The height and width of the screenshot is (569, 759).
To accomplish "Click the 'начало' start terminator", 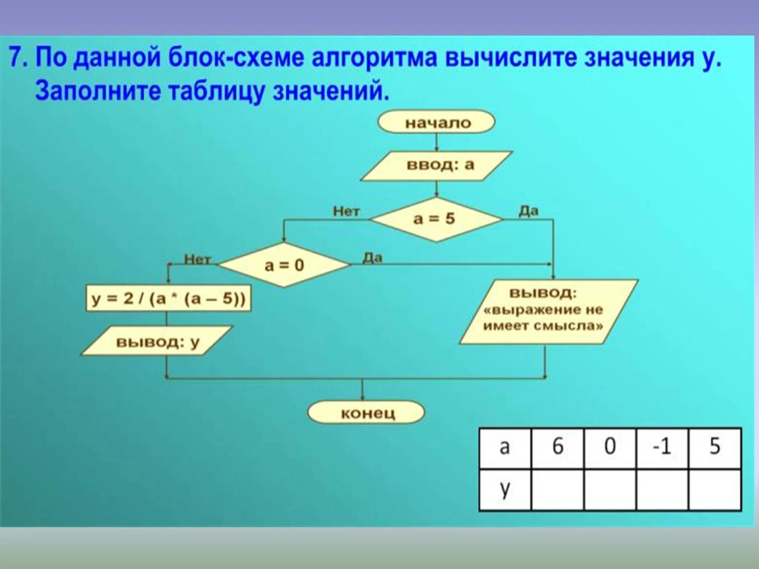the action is tap(436, 122).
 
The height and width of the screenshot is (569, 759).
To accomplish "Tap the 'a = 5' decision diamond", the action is tap(436, 219).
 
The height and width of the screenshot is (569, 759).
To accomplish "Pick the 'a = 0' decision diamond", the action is tap(284, 265).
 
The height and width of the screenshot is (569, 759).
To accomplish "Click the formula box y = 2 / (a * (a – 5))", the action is tap(168, 299).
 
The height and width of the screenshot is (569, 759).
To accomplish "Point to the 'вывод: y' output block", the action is tap(157, 341).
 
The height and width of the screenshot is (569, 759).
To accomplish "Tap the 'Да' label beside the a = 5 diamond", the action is tap(528, 210).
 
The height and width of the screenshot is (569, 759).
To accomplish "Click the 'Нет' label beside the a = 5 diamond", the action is tap(346, 211).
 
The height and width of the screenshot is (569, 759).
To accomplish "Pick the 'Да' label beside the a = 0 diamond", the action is tap(373, 257).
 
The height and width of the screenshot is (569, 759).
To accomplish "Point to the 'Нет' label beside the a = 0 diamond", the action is tap(197, 259).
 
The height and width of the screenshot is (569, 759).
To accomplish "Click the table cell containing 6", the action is tap(558, 447).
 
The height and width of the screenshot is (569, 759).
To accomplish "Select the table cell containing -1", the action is tap(662, 447).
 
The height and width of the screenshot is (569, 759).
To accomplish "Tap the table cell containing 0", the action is tap(610, 447).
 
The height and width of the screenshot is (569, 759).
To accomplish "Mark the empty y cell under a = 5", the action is tap(715, 490).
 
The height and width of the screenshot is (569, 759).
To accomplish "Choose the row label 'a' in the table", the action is tap(505, 447).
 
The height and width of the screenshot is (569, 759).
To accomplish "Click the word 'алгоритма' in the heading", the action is tap(374, 58).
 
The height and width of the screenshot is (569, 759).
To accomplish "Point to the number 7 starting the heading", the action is tap(16, 58).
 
